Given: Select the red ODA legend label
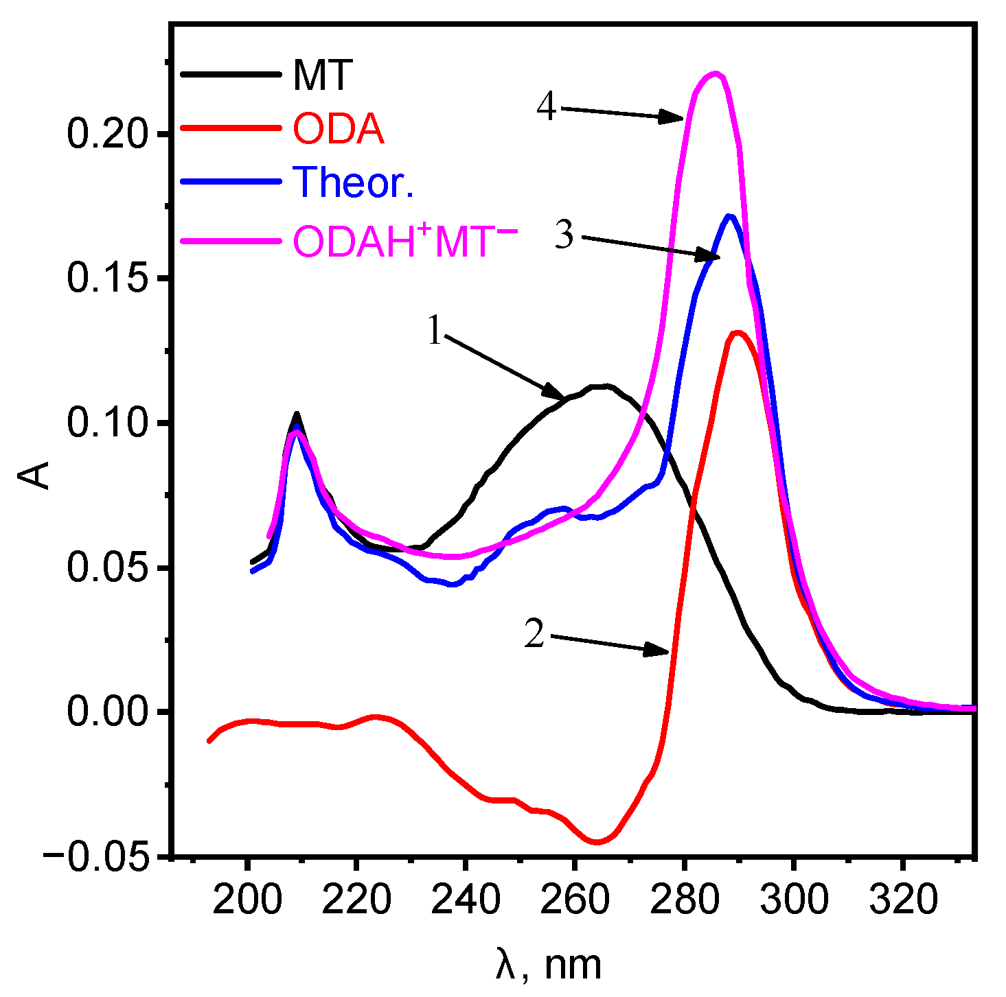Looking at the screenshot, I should pos(338,128).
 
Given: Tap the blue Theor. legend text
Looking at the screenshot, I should pos(353,182).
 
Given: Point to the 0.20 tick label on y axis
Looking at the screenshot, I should pos(108,134).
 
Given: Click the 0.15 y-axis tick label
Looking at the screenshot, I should pos(108,279).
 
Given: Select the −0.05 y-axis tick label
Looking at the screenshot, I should pos(96,857).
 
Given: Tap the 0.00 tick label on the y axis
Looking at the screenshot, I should pos(108,712).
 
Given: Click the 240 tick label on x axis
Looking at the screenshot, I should pos(466,900).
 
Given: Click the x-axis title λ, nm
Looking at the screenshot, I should pos(548,965).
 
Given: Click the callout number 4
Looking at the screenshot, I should pos(547,107).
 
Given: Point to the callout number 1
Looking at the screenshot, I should pos(434,331).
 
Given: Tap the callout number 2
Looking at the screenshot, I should pos(534,633).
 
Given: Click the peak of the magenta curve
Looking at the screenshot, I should pos(716,73).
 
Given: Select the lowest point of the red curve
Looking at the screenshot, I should pos(596,842).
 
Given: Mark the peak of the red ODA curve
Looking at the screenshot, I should pos(738,333).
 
